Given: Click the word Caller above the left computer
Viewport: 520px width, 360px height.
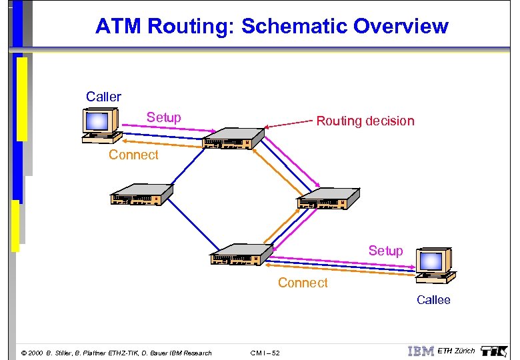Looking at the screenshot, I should pyautogui.click(x=103, y=97).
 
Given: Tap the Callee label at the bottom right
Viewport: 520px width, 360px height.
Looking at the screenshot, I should pyautogui.click(x=433, y=300).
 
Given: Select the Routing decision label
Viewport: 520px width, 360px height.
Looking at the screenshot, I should pyautogui.click(x=365, y=121).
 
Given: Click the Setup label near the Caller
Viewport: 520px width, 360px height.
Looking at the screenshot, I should pyautogui.click(x=163, y=117).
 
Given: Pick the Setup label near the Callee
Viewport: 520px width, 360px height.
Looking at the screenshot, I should pyautogui.click(x=385, y=251).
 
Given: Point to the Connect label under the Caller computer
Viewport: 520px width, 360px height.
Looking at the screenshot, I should pyautogui.click(x=133, y=155).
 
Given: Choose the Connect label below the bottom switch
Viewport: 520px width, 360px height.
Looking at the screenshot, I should pyautogui.click(x=303, y=283).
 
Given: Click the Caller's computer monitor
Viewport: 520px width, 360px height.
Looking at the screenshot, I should pyautogui.click(x=97, y=121).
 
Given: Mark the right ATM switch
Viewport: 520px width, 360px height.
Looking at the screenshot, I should pyautogui.click(x=328, y=198).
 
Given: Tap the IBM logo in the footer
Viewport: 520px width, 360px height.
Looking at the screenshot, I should pyautogui.click(x=421, y=351).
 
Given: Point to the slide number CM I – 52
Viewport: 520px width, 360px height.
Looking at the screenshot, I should pyautogui.click(x=265, y=353).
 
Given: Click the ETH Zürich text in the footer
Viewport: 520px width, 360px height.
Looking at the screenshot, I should pyautogui.click(x=456, y=351).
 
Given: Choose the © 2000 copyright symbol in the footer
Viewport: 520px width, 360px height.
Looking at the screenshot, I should pyautogui.click(x=24, y=353).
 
